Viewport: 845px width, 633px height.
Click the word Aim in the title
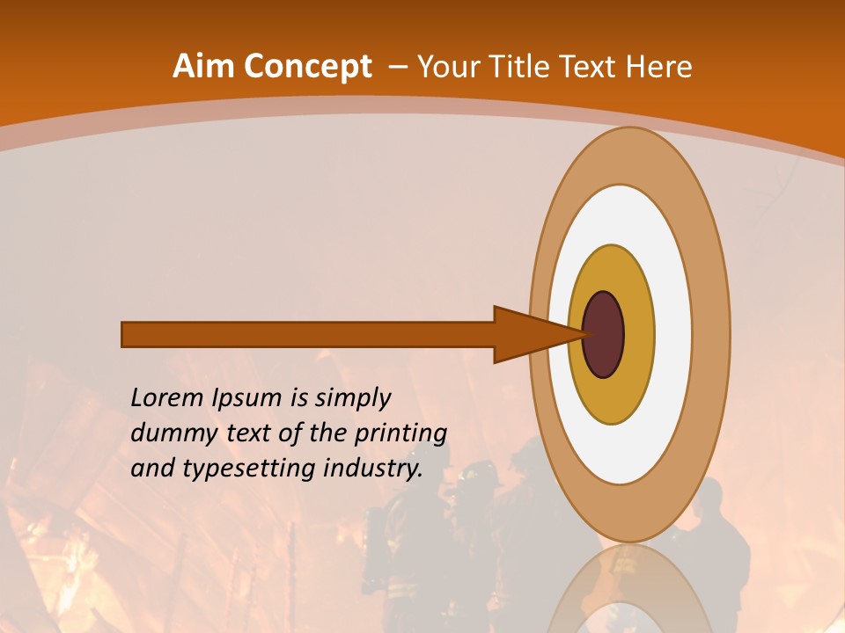click(204, 66)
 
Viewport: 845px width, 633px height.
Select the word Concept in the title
click(308, 67)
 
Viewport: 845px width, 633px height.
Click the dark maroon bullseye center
click(604, 334)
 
